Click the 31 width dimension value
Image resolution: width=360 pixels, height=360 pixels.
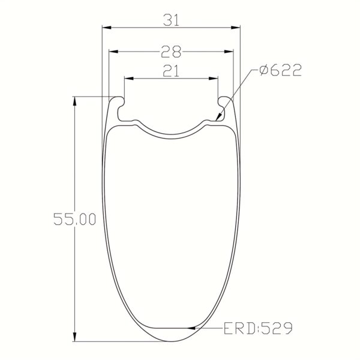171,20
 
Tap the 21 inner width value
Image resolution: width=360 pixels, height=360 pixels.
171,72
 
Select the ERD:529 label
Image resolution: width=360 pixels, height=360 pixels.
258,328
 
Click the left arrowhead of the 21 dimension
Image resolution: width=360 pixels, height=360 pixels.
128,78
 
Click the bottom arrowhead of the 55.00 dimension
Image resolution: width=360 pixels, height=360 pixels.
75,337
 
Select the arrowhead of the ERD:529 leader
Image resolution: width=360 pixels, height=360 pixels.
191,328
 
